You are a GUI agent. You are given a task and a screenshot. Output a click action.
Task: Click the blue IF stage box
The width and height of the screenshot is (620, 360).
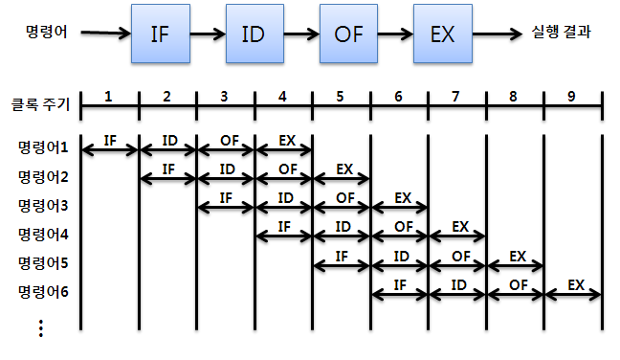tap(161, 34)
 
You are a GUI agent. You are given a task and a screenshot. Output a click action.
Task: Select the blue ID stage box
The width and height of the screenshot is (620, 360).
tap(255, 34)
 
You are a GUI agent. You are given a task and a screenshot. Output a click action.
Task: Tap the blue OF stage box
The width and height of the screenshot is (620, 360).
tap(348, 34)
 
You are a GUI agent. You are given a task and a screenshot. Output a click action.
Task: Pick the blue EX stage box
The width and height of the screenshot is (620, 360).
tap(443, 34)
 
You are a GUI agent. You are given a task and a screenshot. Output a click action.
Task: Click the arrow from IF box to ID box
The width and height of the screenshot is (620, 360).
tap(208, 34)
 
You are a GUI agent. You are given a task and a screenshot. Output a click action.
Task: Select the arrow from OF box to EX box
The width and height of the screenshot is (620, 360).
tap(395, 34)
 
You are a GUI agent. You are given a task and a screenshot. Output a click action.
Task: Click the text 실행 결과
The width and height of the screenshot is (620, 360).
tap(561, 32)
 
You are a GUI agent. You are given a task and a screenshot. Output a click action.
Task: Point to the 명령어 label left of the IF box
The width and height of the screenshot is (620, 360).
tap(46, 32)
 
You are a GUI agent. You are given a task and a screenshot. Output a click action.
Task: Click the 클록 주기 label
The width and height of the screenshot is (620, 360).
tap(41, 104)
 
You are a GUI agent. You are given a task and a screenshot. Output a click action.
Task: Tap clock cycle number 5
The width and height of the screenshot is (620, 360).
tap(340, 97)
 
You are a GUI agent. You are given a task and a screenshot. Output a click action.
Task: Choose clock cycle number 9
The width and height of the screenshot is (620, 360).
tap(571, 97)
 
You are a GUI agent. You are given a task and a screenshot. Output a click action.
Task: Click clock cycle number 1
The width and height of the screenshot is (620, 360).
tap(108, 97)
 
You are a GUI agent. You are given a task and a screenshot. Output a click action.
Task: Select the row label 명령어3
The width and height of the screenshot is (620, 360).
tap(43, 206)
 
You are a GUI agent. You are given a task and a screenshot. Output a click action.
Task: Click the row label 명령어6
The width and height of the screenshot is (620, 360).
tap(43, 292)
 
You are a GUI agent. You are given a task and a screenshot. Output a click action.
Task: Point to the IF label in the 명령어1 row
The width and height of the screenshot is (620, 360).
tap(110, 141)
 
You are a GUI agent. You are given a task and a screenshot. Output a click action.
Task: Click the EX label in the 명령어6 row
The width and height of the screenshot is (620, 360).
tap(576, 284)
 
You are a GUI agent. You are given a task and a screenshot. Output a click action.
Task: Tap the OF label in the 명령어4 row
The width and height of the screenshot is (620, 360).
tap(404, 227)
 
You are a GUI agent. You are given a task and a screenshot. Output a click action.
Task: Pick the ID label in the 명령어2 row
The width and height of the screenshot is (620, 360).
tap(228, 169)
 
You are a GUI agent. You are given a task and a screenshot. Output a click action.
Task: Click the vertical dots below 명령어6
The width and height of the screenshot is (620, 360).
tap(41, 328)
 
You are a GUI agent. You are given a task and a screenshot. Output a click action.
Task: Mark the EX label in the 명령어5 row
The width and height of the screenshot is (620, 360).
tap(518, 257)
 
